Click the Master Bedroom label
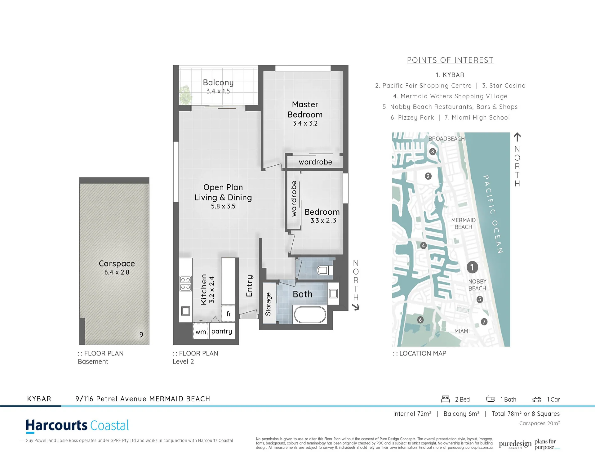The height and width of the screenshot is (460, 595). coord(305,109)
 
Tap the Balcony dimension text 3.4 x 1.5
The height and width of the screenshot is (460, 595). coord(218,91)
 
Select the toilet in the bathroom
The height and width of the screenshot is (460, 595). coord(324,270)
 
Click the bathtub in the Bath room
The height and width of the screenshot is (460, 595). coord(310,315)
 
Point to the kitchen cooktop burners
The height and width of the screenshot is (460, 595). coord(186,284)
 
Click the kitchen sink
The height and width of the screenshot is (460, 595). coord(185,310)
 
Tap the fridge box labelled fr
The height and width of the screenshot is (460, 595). coord(228,314)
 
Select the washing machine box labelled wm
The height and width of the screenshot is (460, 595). coord(201,332)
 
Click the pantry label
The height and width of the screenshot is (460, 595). coord(222,331)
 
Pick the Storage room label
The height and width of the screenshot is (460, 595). coord(268,304)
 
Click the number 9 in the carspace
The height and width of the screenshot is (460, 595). coord(141,335)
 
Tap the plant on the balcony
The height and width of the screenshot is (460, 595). coord(185,94)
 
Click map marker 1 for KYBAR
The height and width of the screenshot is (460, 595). coord(472,267)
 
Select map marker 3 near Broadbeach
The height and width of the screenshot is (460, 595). coord(433,152)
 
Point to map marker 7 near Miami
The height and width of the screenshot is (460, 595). coord(484,322)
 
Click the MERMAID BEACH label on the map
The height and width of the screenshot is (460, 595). coord(463,223)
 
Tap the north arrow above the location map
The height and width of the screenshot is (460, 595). coord(517,137)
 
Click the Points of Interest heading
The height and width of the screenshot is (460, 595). coord(450,60)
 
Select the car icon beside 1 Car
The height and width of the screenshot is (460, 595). coord(536,399)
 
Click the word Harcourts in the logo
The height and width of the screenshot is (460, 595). coord(57,426)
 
